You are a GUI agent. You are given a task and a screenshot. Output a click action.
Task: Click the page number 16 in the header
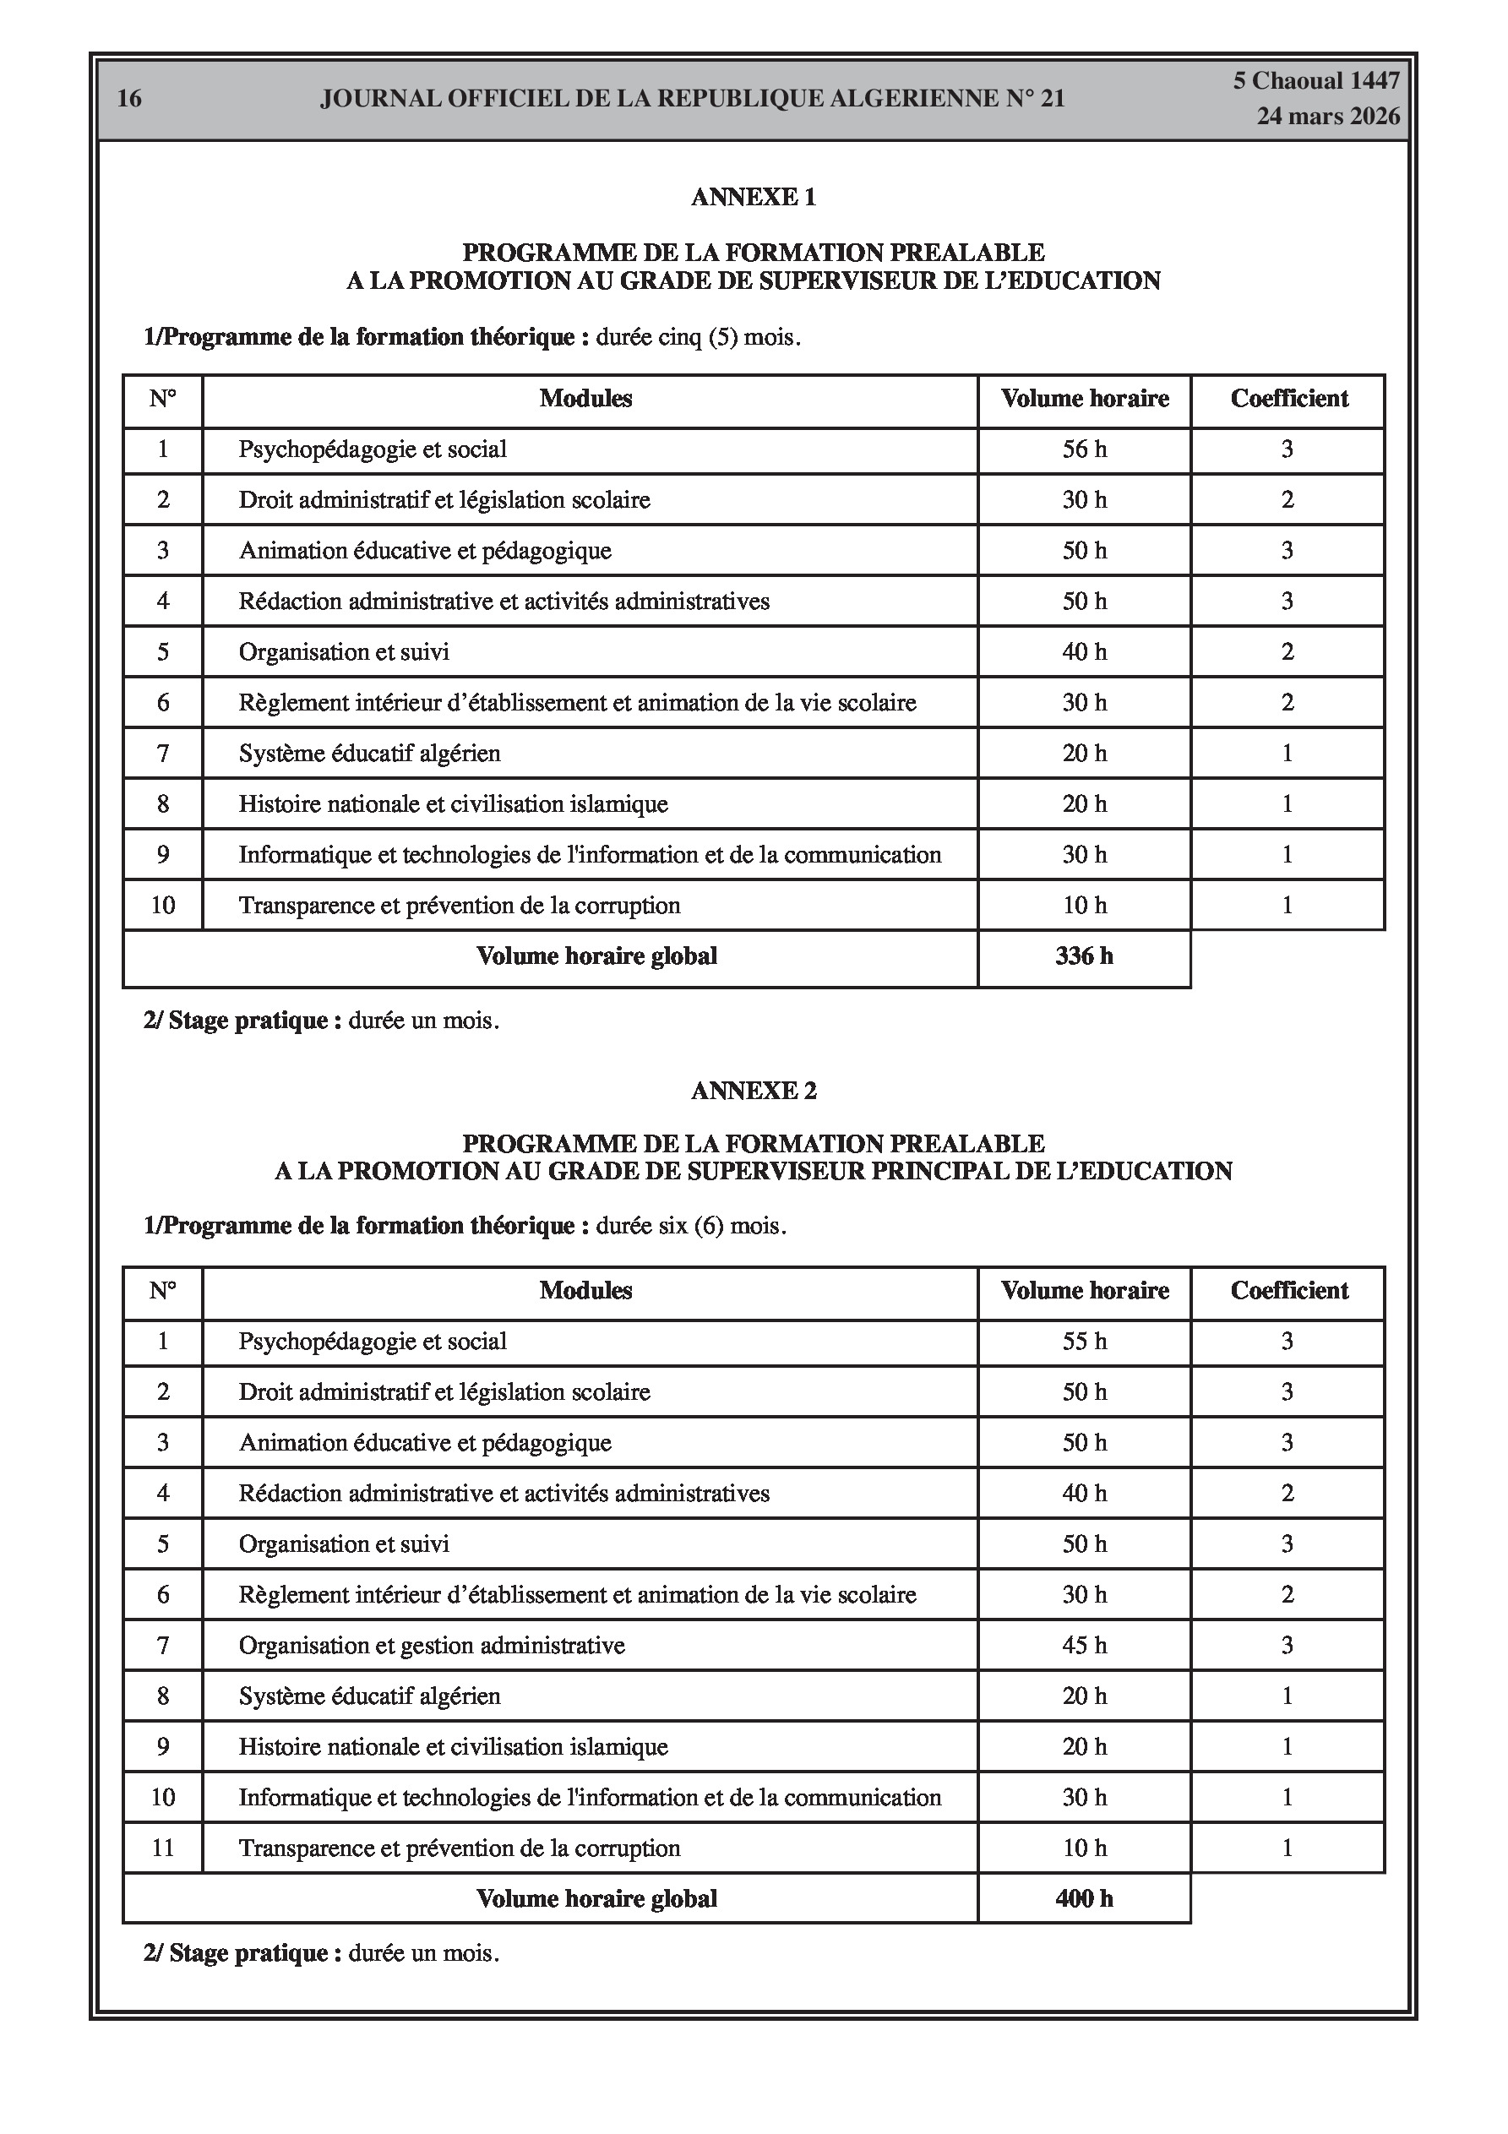point(129,99)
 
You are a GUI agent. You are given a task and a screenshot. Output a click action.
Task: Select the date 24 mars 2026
point(1328,117)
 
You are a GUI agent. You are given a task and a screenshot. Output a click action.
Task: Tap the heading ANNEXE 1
point(753,197)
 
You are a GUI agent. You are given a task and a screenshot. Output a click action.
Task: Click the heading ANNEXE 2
point(753,1091)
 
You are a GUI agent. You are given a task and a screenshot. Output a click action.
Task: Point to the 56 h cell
point(1084,449)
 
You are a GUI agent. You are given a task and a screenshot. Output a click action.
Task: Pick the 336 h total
point(1084,956)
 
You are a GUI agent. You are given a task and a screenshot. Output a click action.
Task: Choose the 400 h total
point(1084,1899)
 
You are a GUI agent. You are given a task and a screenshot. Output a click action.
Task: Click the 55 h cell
point(1084,1342)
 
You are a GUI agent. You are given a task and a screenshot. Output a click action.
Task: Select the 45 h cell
point(1084,1646)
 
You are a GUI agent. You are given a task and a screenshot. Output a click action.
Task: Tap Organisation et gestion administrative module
point(432,1646)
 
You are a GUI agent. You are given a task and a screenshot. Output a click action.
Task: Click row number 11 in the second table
point(163,1848)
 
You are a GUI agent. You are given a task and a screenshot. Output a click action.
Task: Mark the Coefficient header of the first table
point(1288,399)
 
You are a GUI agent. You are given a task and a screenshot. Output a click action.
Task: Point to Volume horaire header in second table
point(1084,1291)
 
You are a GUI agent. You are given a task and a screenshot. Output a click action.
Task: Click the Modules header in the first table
point(585,399)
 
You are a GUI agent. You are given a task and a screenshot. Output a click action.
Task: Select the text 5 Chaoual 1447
point(1315,81)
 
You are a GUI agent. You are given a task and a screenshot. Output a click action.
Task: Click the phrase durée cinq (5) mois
point(698,337)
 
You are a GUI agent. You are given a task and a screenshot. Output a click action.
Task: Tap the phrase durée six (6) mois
point(691,1226)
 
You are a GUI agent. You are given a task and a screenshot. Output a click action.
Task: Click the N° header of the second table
point(163,1291)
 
